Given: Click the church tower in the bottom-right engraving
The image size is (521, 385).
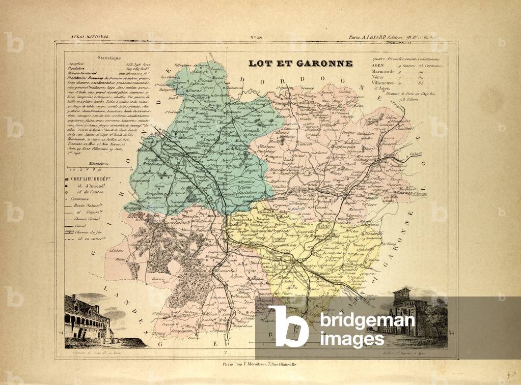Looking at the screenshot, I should pos(402,305).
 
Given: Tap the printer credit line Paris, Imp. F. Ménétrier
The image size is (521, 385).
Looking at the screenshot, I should pos(260,364).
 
